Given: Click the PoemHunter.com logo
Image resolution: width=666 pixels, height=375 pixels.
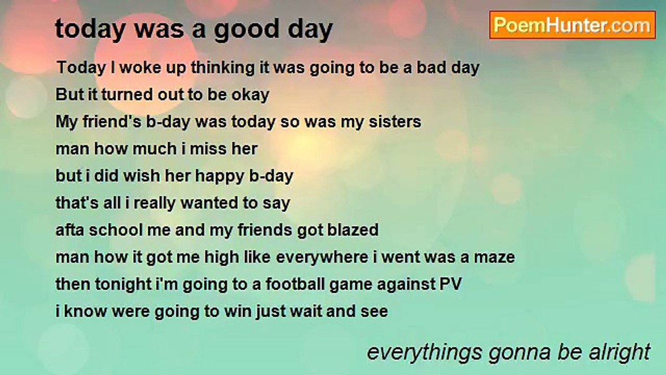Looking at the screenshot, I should coord(572,25).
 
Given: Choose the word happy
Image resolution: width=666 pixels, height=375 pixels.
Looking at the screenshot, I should coord(221,176).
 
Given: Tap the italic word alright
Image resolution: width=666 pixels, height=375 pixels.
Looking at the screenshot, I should coord(621,353).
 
